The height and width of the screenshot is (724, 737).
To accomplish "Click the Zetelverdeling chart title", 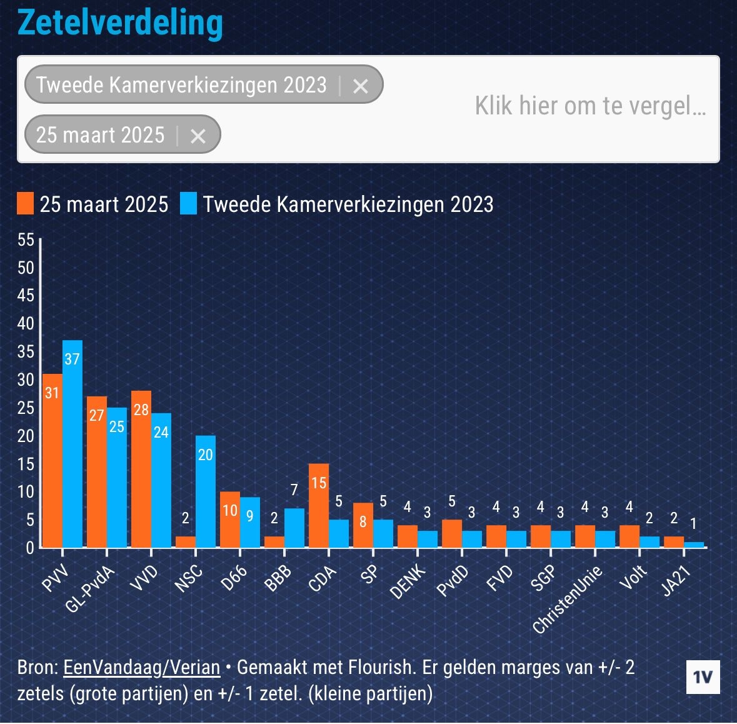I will click(x=120, y=23).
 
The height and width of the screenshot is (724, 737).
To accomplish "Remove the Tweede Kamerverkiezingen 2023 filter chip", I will click(x=360, y=86).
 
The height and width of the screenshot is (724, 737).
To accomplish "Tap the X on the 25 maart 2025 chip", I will click(x=198, y=136).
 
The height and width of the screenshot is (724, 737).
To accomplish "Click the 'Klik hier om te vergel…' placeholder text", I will click(x=590, y=106).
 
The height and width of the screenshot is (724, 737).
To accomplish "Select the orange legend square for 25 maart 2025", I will click(x=26, y=204).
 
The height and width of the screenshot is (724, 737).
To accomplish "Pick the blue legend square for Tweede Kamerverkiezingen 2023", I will click(x=188, y=204).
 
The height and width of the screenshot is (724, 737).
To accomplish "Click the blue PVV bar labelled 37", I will click(x=72, y=444).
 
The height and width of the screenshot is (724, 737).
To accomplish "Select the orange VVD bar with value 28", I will click(x=141, y=469).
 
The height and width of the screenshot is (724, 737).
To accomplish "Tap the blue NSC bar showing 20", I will click(x=206, y=491).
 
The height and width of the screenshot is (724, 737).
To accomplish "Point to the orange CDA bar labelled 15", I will click(x=319, y=505).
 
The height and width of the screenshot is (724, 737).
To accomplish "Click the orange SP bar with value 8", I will click(x=363, y=525).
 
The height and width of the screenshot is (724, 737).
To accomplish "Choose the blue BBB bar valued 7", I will click(x=294, y=528).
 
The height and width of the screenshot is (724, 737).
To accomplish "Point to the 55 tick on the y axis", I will click(x=26, y=239).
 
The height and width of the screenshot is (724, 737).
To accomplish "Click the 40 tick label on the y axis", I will click(x=26, y=324).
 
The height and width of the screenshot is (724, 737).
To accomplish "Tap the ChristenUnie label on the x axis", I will click(x=568, y=599).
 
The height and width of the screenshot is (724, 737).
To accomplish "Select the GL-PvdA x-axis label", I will click(x=91, y=590).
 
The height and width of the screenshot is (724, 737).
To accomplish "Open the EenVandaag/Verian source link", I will click(x=142, y=667).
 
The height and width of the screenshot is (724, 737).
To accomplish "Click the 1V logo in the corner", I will click(x=703, y=677).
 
